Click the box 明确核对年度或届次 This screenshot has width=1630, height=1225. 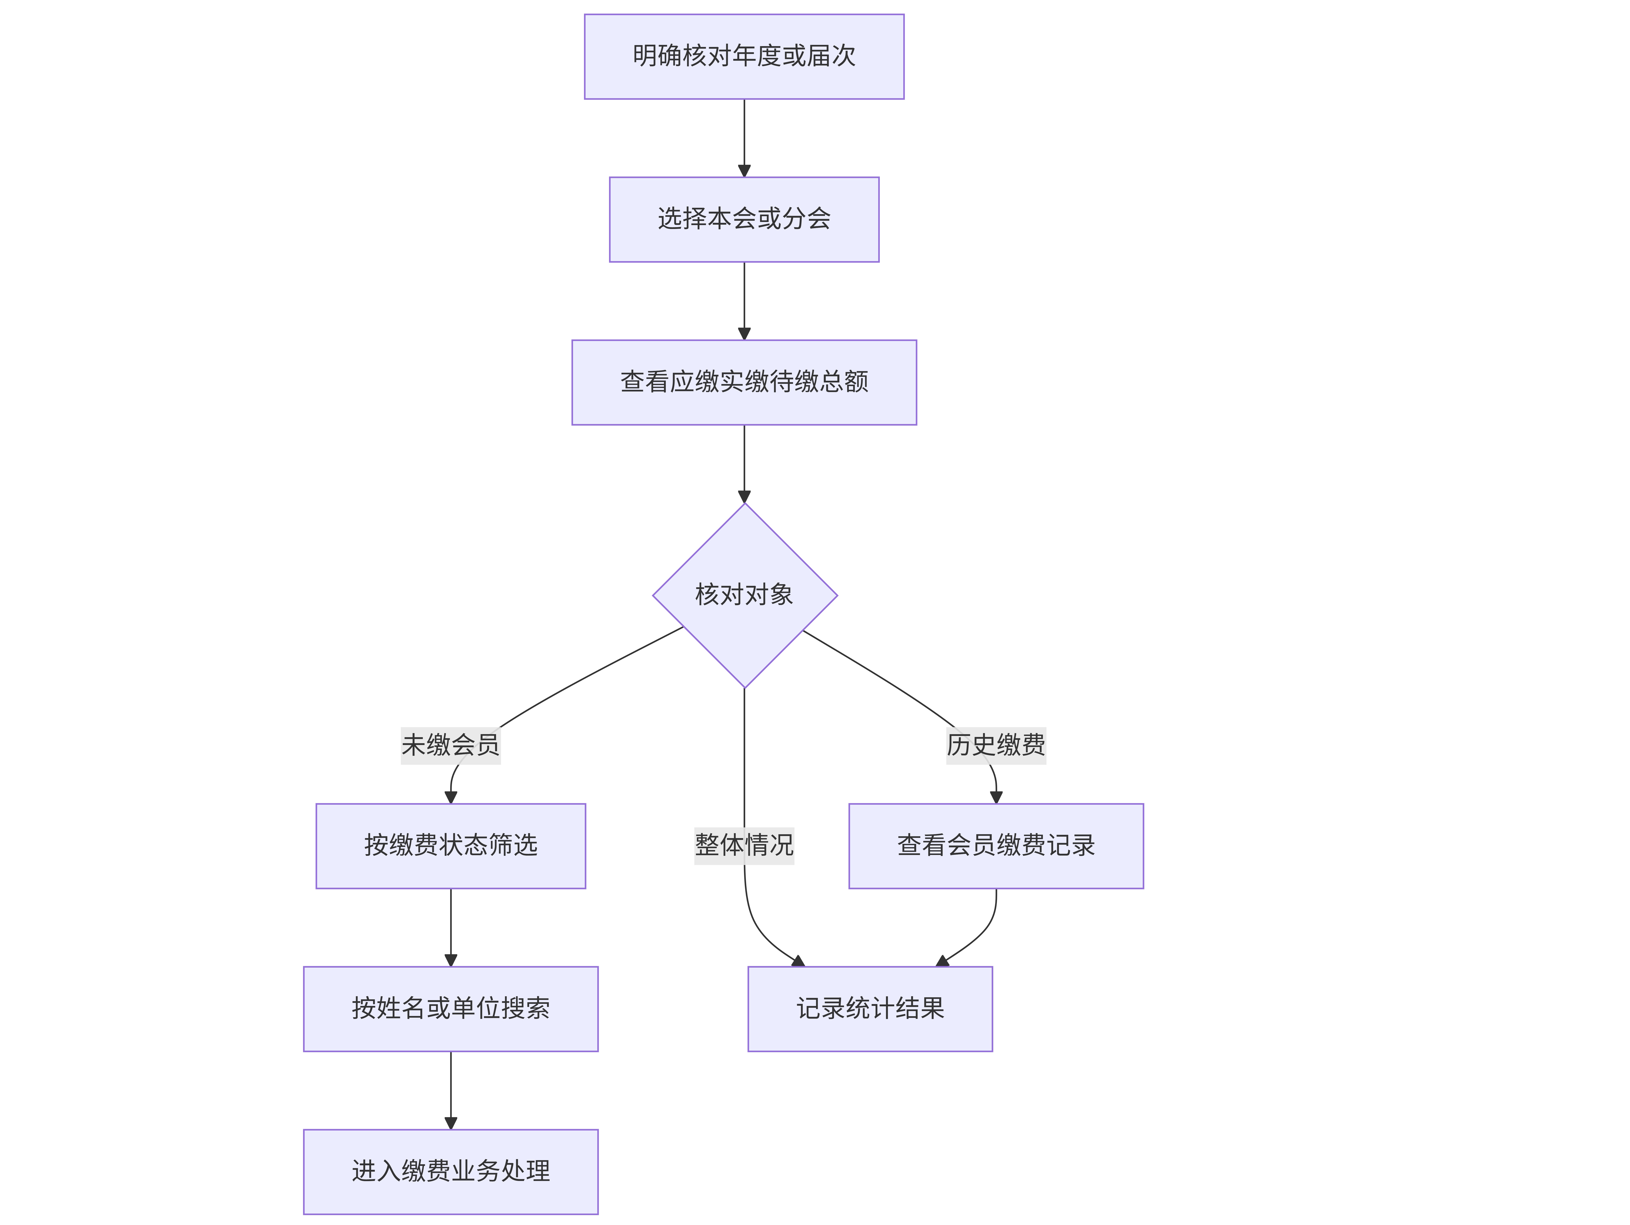pyautogui.click(x=744, y=57)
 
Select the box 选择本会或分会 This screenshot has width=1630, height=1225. pyautogui.click(x=744, y=220)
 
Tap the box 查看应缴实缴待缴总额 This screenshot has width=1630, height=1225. pyautogui.click(x=744, y=382)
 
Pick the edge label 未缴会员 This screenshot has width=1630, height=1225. pyautogui.click(x=451, y=745)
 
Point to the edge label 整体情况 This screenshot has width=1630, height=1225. pyautogui.click(x=744, y=845)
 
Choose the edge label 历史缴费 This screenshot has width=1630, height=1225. pyautogui.click(x=996, y=745)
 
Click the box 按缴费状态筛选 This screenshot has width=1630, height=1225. pyautogui.click(x=451, y=846)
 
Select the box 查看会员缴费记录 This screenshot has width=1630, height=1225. pyautogui.click(x=996, y=846)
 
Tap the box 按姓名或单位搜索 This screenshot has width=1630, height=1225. pyautogui.click(x=451, y=1008)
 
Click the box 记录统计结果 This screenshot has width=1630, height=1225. pyautogui.click(x=870, y=1008)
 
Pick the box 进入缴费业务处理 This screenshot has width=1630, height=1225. pyautogui.click(x=451, y=1171)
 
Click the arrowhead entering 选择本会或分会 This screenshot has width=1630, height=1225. pyautogui.click(x=744, y=171)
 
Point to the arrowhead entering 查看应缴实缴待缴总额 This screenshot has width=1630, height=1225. pyautogui.click(x=744, y=334)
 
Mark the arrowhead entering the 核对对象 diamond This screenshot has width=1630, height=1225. pyautogui.click(x=744, y=496)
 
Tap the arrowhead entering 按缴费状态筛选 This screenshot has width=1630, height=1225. pyautogui.click(x=451, y=797)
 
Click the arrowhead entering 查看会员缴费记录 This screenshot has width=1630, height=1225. pyautogui.click(x=996, y=797)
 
